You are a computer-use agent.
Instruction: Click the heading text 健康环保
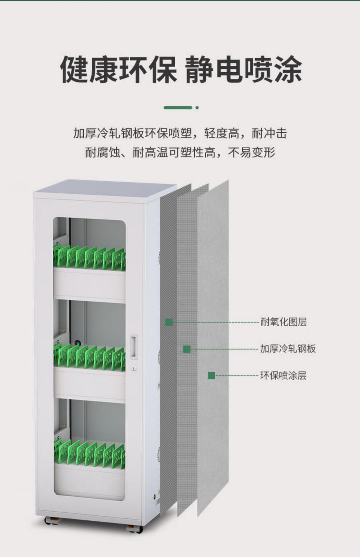118,69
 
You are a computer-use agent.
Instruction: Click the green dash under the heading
178,108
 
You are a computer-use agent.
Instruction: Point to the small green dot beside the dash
197,108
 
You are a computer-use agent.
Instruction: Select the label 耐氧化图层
284,322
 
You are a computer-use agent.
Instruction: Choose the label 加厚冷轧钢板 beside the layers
288,349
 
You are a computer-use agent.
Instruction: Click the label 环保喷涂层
283,375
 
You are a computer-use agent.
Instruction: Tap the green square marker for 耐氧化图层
169,322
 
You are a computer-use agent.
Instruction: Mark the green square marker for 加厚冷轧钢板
187,349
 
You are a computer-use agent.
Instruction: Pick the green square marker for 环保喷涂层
212,375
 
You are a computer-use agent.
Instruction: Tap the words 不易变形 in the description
252,153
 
